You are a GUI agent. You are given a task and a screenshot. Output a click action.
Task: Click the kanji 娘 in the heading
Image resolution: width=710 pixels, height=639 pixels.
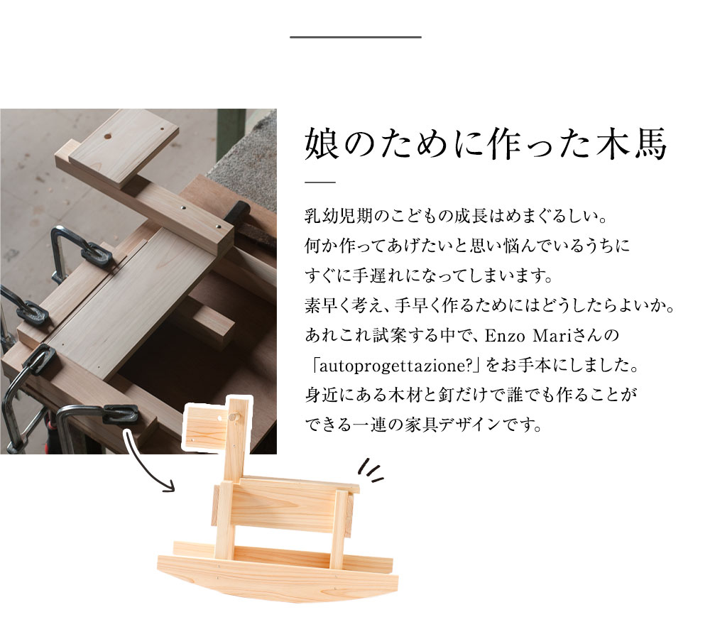pos(322,143)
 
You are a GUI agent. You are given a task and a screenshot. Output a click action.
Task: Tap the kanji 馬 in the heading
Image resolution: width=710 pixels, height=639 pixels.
pos(650,143)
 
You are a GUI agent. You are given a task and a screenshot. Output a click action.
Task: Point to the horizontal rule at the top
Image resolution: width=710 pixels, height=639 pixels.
pos(356,37)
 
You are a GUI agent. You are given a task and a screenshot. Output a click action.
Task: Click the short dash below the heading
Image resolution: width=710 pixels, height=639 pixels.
pos(320,182)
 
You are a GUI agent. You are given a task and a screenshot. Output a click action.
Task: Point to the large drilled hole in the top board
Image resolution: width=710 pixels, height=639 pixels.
pos(107,136)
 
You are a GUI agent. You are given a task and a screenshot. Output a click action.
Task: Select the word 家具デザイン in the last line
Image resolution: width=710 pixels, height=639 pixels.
pos(452,425)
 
